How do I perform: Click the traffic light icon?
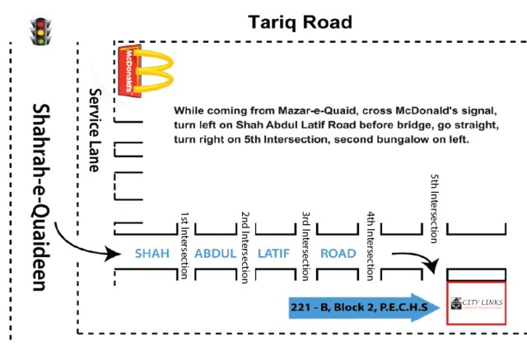click(x=39, y=31)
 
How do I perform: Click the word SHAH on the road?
click(x=152, y=253)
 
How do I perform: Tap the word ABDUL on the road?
click(x=216, y=253)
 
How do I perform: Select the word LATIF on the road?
click(x=273, y=253)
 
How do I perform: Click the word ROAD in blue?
click(x=338, y=253)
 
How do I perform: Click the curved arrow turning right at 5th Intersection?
click(x=415, y=262)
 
